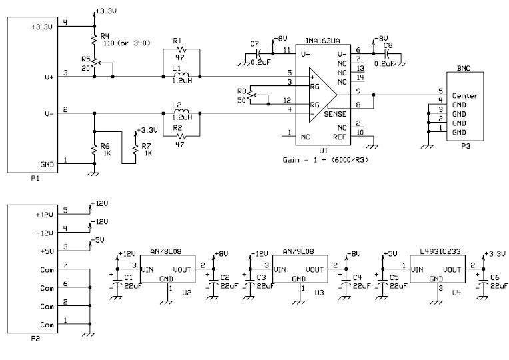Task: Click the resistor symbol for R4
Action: tap(95, 39)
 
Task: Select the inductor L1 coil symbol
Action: tap(181, 75)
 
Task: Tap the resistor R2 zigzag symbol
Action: tap(181, 136)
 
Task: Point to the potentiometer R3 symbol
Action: tap(251, 95)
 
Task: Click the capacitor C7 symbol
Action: tap(258, 53)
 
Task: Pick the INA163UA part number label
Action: tap(323, 41)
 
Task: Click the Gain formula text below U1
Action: tap(326, 160)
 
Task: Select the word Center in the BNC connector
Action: tap(465, 96)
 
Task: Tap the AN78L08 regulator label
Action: tap(165, 251)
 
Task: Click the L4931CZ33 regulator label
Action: tap(440, 251)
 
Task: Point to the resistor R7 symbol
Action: tap(136, 149)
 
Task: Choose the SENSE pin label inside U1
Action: tap(335, 114)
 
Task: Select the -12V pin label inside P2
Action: tap(44, 233)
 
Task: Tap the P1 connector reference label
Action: tap(35, 179)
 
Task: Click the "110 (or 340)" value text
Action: tap(127, 43)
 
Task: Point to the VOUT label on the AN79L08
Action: tap(314, 270)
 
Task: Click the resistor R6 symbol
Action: tap(95, 149)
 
